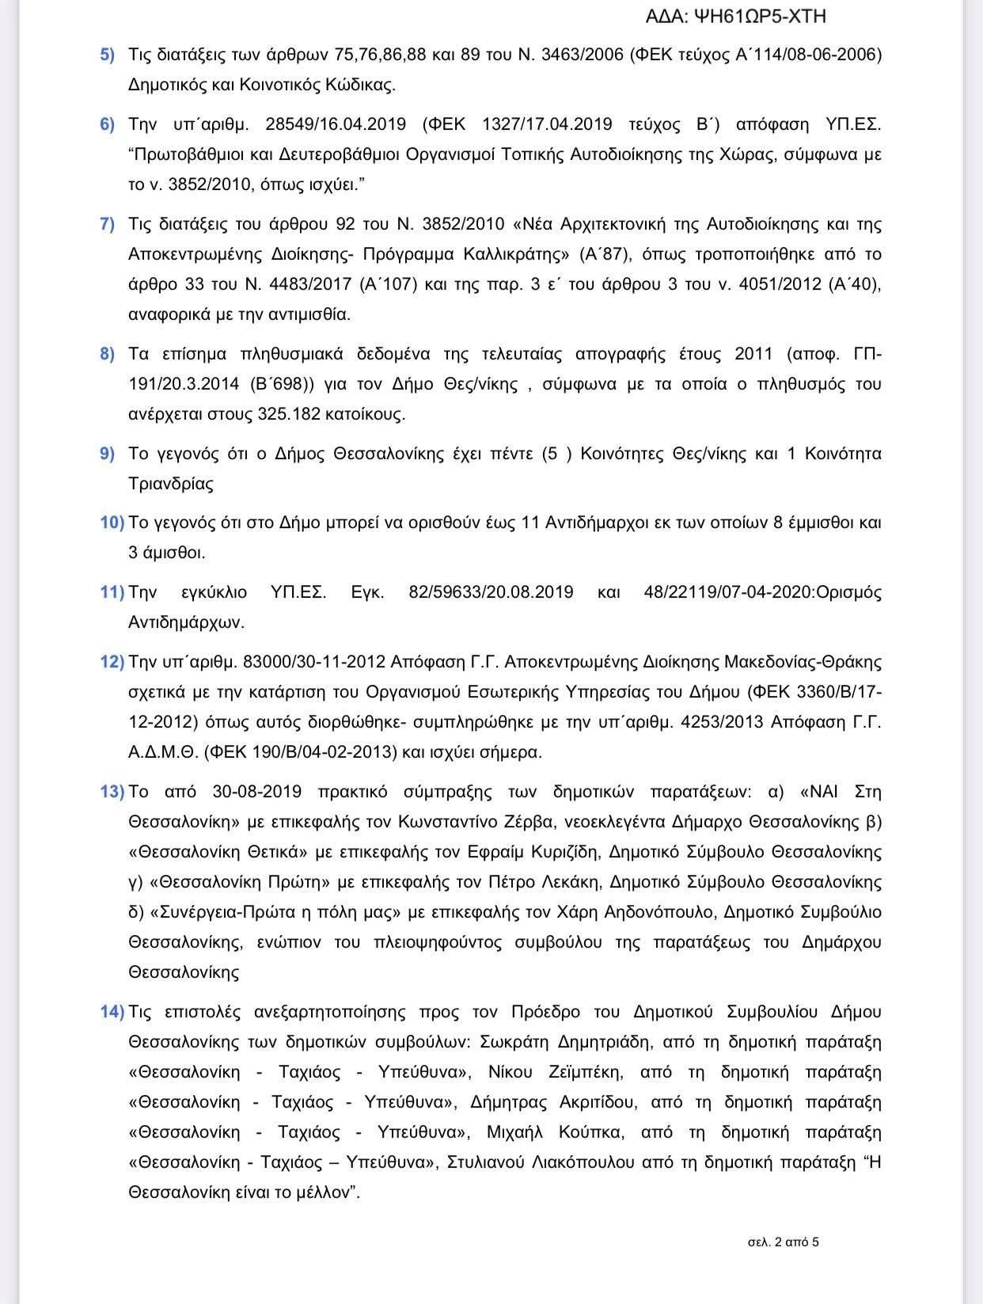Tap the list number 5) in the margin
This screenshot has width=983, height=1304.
pos(107,55)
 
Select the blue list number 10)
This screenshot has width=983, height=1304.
pos(112,523)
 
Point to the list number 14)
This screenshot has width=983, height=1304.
pos(112,1012)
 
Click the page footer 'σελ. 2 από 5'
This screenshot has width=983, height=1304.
pos(783,1242)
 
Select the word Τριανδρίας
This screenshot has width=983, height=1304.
pos(171,484)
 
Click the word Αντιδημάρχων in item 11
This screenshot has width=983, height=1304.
pos(187,622)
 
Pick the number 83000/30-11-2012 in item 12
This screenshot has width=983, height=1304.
pos(314,662)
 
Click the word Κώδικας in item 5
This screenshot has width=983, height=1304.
pos(360,85)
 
